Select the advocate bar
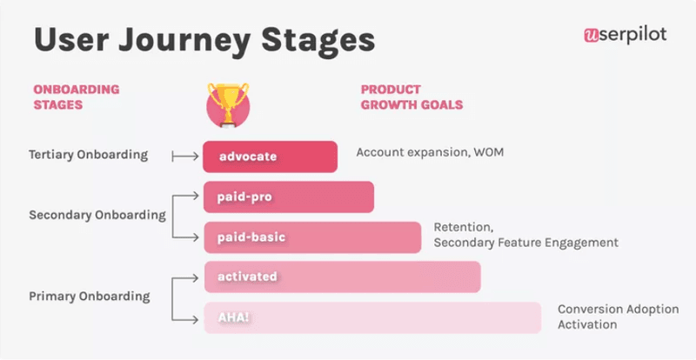coord(270,157)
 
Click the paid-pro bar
coord(288,197)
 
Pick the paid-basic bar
coord(312,237)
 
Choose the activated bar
coord(341,277)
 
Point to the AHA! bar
coord(371,317)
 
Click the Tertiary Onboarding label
coord(88,156)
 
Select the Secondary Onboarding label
coord(97,215)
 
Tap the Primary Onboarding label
coord(89,297)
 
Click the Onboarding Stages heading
coord(76,97)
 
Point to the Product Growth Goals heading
coord(411,97)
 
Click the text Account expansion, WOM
coord(430,152)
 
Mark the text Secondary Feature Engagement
coord(525,243)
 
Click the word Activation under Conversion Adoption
coord(587,324)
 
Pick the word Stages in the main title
coord(321,39)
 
